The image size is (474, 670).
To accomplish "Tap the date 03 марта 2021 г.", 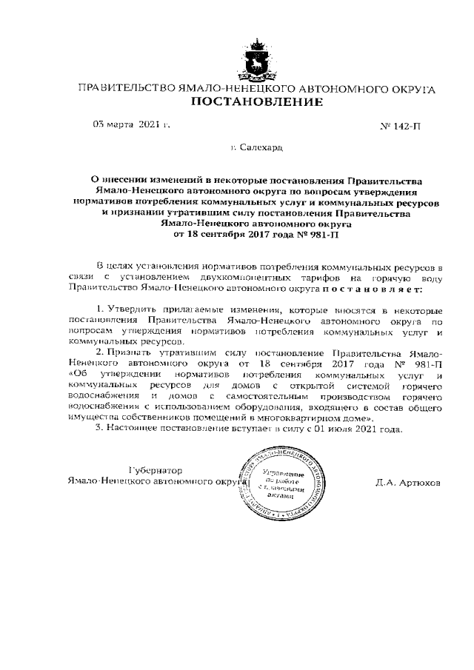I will pyautogui.click(x=130, y=124).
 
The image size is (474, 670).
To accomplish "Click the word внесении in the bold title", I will pyautogui.click(x=129, y=180).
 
